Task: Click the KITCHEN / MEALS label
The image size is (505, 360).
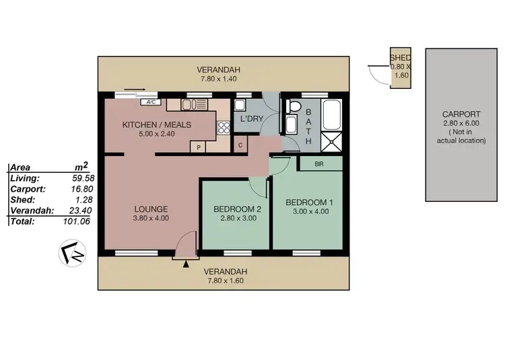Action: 156,124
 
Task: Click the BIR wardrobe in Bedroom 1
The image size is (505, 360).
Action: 320,164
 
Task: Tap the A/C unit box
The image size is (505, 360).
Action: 152,102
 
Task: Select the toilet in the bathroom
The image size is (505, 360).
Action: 292,107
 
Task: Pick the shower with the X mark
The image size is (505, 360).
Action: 332,142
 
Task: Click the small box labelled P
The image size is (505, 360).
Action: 199,146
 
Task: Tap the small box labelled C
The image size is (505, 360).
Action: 240,145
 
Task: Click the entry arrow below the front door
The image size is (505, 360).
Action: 185,264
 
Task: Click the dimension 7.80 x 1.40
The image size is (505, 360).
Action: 218,79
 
